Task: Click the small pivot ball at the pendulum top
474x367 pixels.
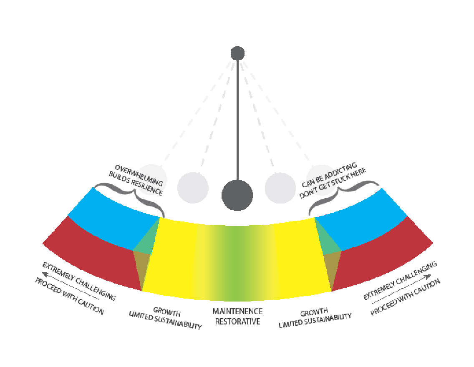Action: click(x=237, y=53)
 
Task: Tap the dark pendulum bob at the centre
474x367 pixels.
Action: click(x=237, y=195)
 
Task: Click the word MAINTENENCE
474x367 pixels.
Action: click(x=237, y=311)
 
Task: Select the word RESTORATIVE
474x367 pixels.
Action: click(x=237, y=322)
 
